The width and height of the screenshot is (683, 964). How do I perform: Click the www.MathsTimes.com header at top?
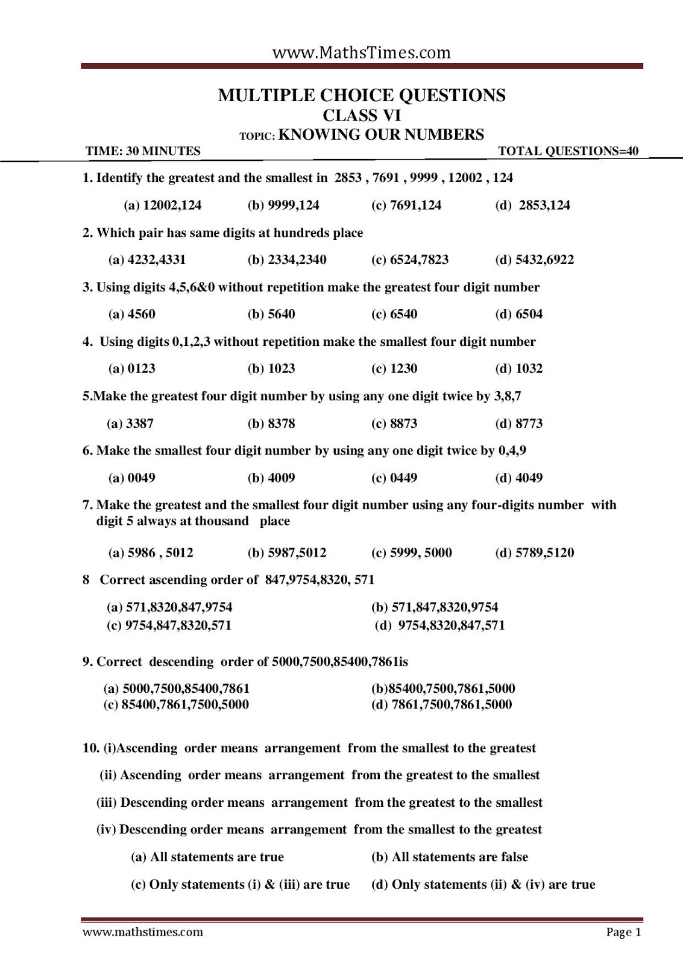click(361, 53)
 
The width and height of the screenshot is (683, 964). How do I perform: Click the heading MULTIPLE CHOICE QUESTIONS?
click(362, 95)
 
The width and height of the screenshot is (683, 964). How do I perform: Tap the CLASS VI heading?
click(362, 114)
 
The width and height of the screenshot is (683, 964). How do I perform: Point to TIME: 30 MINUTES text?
click(143, 151)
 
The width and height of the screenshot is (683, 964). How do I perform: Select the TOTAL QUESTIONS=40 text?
click(568, 151)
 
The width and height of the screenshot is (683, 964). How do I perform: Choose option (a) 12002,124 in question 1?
click(163, 205)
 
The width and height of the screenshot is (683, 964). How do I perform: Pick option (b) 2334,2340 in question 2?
click(287, 260)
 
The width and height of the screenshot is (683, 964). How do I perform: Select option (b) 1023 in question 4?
click(271, 369)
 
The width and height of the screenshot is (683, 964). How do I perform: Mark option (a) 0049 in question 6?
click(132, 478)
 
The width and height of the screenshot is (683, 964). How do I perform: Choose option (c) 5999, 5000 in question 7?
click(411, 552)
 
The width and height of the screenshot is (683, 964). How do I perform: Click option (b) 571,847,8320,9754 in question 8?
click(435, 607)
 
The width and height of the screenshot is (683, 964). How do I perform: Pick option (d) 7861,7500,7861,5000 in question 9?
click(441, 704)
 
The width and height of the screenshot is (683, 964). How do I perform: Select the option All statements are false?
click(450, 857)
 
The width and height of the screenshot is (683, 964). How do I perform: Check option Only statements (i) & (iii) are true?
click(241, 884)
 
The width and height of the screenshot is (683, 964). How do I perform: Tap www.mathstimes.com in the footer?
click(143, 932)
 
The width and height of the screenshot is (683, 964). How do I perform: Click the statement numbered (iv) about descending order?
click(319, 830)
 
